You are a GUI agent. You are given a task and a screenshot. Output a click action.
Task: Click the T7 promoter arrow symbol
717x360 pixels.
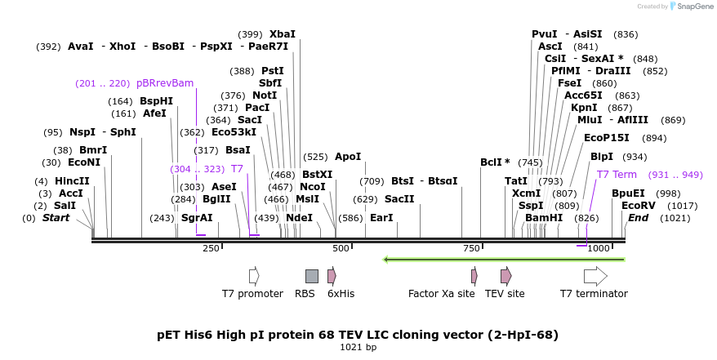tap(254, 276)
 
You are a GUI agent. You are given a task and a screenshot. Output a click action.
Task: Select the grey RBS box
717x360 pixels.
tap(311, 276)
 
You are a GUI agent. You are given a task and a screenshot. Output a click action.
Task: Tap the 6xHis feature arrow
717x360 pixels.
tap(332, 276)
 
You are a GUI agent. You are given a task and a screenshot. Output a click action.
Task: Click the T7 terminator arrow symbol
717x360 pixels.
tap(595, 276)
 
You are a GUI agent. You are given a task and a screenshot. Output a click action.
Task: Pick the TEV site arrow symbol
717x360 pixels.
tap(506, 276)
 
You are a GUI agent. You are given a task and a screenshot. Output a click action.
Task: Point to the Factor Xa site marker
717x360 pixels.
tap(474, 276)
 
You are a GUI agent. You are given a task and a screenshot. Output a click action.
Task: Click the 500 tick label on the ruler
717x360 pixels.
tap(341, 248)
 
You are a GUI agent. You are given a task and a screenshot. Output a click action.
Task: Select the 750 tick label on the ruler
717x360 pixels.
tap(471, 248)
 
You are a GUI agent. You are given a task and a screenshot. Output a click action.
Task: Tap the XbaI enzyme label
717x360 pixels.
tap(283, 34)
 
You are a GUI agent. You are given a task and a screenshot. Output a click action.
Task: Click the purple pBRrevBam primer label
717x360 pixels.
tap(165, 83)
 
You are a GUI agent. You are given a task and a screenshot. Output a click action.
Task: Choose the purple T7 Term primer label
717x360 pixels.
tap(617, 175)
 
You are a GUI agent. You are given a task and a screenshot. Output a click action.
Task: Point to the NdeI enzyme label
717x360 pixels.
tap(300, 218)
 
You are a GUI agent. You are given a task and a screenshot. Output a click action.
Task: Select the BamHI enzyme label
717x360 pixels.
tap(544, 218)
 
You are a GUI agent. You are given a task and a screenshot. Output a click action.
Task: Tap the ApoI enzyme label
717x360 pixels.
tap(348, 157)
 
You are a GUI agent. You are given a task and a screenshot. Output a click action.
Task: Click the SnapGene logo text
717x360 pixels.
tap(694, 7)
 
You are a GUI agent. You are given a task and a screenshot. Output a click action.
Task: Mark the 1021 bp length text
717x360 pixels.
tap(358, 348)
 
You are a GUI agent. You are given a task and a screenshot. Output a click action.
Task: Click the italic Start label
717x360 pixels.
tap(56, 218)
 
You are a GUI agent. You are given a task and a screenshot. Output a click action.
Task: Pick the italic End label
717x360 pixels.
tap(639, 218)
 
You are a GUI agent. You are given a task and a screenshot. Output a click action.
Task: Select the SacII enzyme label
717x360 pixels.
tap(399, 199)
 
